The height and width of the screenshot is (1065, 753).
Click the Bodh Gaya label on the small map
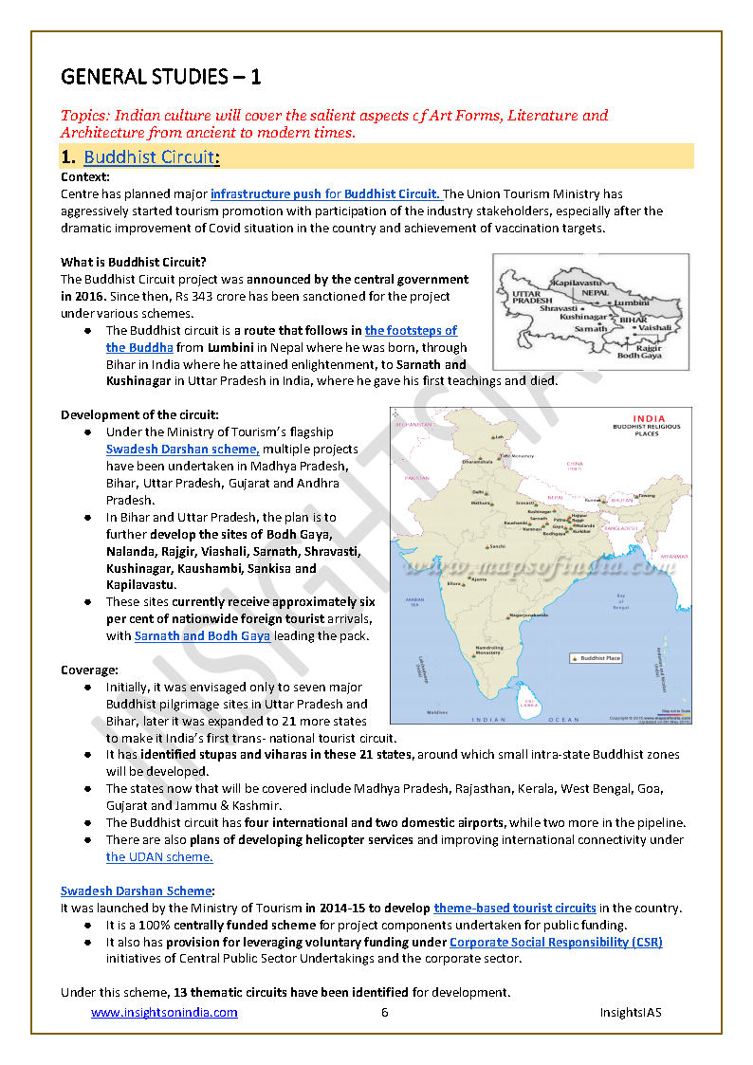click(x=640, y=355)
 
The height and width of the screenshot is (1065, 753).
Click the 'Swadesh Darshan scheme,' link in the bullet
click(x=182, y=449)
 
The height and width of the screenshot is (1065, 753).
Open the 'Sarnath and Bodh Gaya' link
click(x=202, y=635)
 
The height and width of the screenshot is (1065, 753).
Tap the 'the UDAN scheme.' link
click(x=159, y=856)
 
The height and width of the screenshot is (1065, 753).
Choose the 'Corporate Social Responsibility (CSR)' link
click(x=556, y=942)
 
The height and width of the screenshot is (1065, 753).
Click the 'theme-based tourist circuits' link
click(x=515, y=908)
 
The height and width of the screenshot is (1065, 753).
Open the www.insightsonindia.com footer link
click(x=164, y=1013)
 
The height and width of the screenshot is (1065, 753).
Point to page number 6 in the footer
click(x=385, y=1013)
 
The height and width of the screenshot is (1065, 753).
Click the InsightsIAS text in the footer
click(x=630, y=1013)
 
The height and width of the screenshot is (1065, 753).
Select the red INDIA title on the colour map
click(x=649, y=418)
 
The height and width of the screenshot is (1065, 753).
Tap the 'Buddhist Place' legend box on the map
click(x=596, y=657)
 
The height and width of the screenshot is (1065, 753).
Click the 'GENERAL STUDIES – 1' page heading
click(x=161, y=76)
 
